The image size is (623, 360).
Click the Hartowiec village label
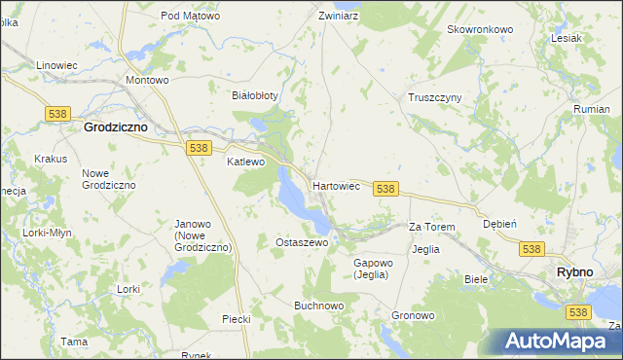click(336, 184)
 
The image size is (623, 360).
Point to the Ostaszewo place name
click(302, 242)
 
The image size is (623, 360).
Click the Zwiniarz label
click(339, 17)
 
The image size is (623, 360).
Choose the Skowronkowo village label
click(479, 29)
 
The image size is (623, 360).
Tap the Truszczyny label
click(434, 97)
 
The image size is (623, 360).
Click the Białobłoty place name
click(255, 95)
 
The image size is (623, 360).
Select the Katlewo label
click(246, 162)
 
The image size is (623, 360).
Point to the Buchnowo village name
click(319, 305)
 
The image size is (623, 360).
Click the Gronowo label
click(413, 316)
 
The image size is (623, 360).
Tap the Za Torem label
click(431, 227)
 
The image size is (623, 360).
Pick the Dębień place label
click(499, 223)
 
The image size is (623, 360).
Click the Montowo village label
click(148, 80)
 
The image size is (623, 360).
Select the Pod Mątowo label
click(190, 17)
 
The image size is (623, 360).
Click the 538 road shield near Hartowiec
click(385, 189)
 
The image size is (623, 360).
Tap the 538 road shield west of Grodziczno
click(55, 114)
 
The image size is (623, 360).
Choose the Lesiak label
click(566, 39)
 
